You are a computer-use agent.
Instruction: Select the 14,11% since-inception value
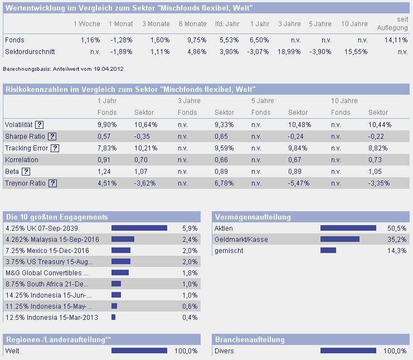tap(397, 40)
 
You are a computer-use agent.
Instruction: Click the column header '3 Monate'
tap(156, 24)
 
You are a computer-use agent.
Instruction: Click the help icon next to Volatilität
tap(40, 125)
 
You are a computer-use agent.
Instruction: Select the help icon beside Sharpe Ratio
tap(52, 137)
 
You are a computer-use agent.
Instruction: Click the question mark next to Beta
tap(26, 172)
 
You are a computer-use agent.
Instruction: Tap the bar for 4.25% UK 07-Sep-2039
tap(139, 228)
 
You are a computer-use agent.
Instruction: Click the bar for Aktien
tap(348, 228)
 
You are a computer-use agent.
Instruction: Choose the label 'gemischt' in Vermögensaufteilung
tap(229, 251)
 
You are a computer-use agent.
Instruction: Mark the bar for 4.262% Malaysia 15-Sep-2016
tap(123, 239)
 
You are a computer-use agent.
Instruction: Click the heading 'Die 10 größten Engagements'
tap(56, 217)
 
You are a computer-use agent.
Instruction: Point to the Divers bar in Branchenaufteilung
tap(348, 351)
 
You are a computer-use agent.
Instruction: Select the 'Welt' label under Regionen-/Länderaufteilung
tap(12, 351)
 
